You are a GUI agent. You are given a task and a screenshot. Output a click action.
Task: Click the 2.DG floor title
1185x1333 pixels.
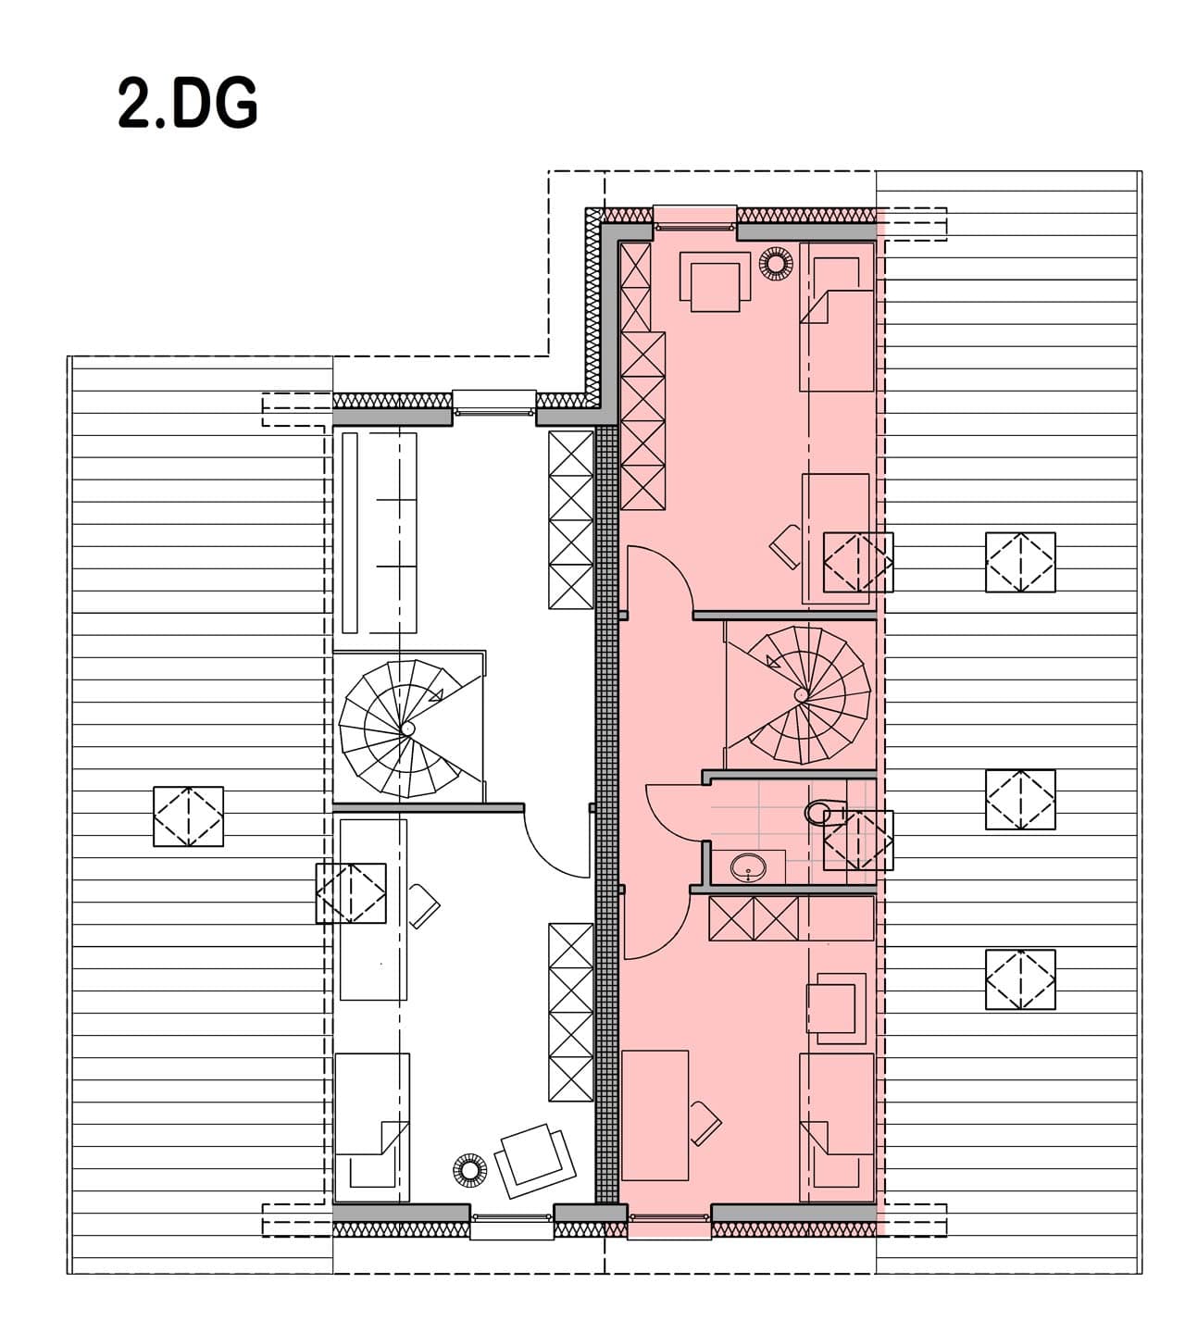[x=188, y=104]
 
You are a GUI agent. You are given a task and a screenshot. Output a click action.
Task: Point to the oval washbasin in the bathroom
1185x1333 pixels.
[x=748, y=867]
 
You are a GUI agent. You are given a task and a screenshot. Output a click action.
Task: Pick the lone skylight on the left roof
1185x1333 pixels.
[x=188, y=816]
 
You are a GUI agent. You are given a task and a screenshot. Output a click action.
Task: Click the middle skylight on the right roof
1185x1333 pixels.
[x=1020, y=800]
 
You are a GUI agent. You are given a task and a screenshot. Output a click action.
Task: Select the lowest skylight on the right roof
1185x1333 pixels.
[x=1020, y=979]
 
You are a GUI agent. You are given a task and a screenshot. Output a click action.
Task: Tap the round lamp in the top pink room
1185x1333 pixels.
[x=776, y=265]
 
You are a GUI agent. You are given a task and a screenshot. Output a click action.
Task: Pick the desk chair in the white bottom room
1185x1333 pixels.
[x=424, y=906]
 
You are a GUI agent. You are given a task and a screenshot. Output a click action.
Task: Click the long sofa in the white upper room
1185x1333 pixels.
[x=379, y=533]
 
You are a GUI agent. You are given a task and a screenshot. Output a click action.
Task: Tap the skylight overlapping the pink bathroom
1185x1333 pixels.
[x=858, y=841]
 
